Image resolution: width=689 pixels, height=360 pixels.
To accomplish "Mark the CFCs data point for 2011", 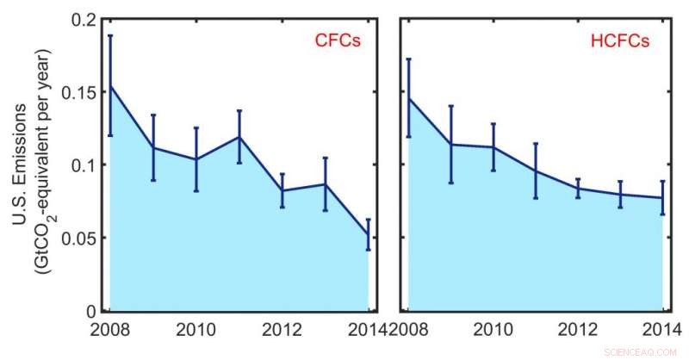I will (239, 136).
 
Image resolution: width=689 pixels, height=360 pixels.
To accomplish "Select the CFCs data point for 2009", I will (152, 147).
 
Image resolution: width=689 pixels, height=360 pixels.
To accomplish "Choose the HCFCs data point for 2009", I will (450, 144).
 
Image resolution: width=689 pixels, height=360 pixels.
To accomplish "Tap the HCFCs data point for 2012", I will (578, 188).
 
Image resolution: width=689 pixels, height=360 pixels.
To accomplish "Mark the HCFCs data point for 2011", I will (535, 171).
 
